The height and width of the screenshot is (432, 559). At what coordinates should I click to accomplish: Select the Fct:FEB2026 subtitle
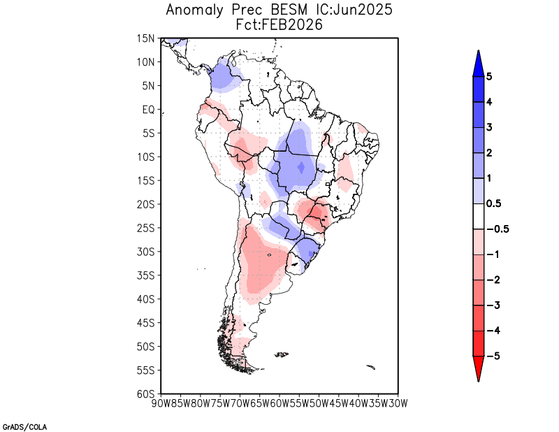tap(279, 24)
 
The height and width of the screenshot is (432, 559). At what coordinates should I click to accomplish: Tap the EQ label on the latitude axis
tap(148, 110)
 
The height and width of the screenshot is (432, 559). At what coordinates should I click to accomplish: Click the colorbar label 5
tap(489, 76)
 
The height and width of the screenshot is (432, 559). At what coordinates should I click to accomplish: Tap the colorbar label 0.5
tap(493, 203)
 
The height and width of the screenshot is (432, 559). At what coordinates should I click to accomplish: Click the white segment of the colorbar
tap(478, 216)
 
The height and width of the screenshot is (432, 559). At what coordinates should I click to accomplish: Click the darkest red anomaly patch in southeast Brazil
tap(319, 211)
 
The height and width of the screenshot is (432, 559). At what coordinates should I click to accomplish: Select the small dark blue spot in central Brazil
tap(301, 167)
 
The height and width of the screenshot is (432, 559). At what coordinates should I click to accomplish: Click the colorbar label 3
tap(489, 127)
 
